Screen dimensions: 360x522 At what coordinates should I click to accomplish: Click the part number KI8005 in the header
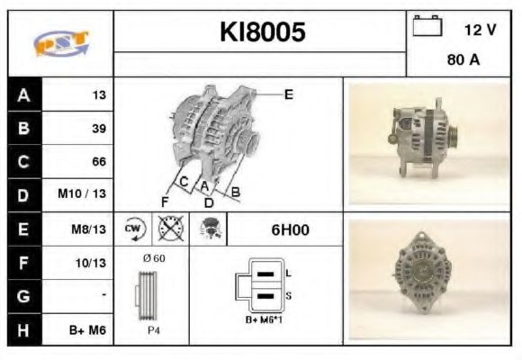(263, 32)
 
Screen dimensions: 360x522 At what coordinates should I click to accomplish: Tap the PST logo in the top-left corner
(59, 44)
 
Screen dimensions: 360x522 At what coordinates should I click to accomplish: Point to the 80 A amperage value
(462, 61)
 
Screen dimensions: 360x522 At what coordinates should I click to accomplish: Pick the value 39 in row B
(99, 129)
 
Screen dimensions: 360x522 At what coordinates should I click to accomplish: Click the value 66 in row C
(99, 162)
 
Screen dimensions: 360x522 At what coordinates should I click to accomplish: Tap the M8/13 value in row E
(91, 229)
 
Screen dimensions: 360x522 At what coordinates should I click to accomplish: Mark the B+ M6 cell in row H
(90, 330)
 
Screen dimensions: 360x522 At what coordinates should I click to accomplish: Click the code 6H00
(290, 229)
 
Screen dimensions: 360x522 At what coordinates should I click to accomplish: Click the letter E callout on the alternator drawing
(289, 94)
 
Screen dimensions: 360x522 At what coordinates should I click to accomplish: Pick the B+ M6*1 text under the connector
(265, 319)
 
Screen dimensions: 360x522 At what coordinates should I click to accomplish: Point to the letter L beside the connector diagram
(288, 272)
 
